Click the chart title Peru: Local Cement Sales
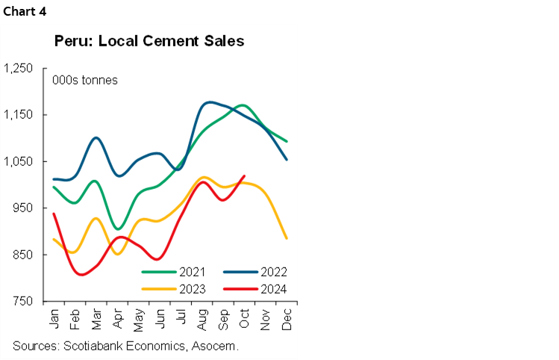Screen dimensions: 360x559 (149, 41)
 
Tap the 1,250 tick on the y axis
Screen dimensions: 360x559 (19, 69)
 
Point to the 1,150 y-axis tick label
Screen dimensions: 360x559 (19, 115)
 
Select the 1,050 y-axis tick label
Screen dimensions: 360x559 (19, 162)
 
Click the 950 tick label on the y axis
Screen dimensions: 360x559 (22, 208)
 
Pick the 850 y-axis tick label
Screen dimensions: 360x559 (22, 255)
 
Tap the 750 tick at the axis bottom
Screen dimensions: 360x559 (22, 302)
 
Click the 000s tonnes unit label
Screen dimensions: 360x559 (84, 80)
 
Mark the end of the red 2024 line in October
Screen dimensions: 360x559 (244, 176)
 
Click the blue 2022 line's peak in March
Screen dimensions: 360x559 (97, 137)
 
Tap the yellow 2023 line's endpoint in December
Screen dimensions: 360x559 (287, 238)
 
